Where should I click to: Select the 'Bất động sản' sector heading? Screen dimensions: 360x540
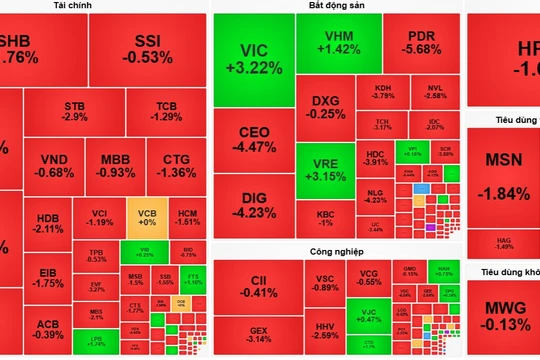pyautogui.click(x=337, y=6)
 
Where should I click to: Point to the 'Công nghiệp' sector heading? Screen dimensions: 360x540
pyautogui.click(x=337, y=253)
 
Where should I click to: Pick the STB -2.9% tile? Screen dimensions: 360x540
pyautogui.click(x=75, y=111)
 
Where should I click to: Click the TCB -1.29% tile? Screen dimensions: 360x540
pyautogui.click(x=166, y=111)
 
